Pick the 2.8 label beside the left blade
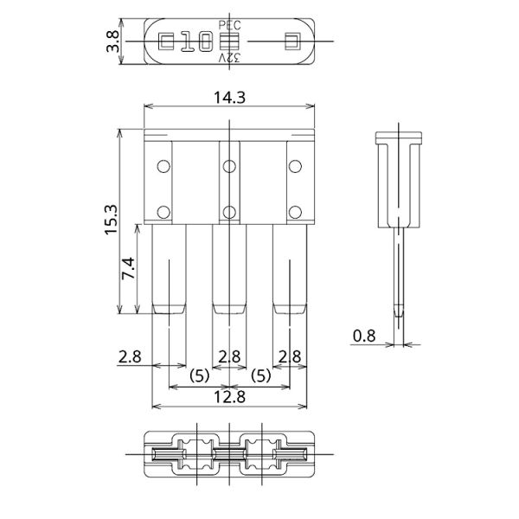[130, 356]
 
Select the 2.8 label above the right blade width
[291, 356]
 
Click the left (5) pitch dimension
[197, 376]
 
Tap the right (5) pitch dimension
[259, 376]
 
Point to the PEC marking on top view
[230, 26]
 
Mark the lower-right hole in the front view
[295, 210]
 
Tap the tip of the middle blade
[228, 308]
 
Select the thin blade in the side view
[398, 277]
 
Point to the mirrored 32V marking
[230, 58]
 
